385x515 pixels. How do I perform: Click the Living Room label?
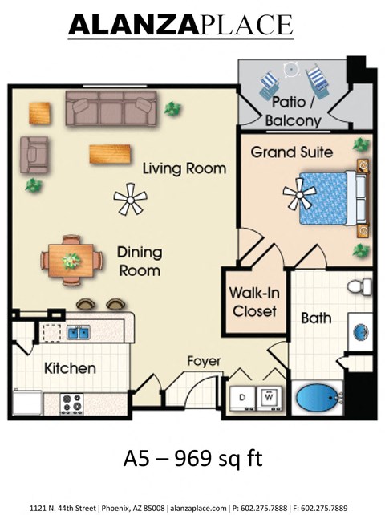(184, 169)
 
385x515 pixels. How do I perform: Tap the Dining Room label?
(139, 261)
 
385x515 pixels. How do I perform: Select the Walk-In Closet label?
(253, 302)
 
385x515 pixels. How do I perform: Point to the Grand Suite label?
(292, 152)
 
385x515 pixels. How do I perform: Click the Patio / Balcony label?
(296, 113)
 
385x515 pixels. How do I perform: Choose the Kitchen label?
(70, 369)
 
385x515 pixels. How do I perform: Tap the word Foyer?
(204, 362)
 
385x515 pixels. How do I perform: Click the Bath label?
(316, 318)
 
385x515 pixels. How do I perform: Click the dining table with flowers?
(72, 261)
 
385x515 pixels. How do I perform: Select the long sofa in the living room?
(111, 107)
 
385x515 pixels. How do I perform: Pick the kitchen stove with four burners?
(72, 403)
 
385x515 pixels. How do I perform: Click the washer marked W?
(269, 396)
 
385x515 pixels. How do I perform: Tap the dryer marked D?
(243, 396)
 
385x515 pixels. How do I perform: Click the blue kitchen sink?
(78, 331)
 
